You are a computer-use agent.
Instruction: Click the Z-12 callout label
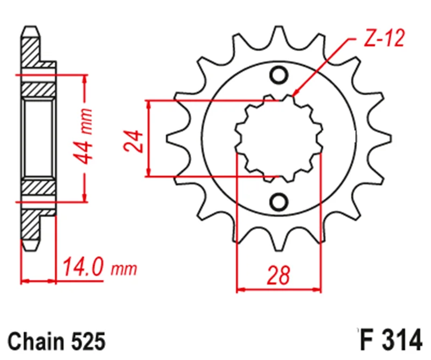384,38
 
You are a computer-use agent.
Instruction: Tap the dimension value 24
134,142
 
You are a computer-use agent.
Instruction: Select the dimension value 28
279,275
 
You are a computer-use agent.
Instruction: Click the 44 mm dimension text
84,136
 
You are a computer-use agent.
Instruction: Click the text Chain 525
57,342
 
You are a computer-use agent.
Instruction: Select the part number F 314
390,341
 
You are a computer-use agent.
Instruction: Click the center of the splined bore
279,139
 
